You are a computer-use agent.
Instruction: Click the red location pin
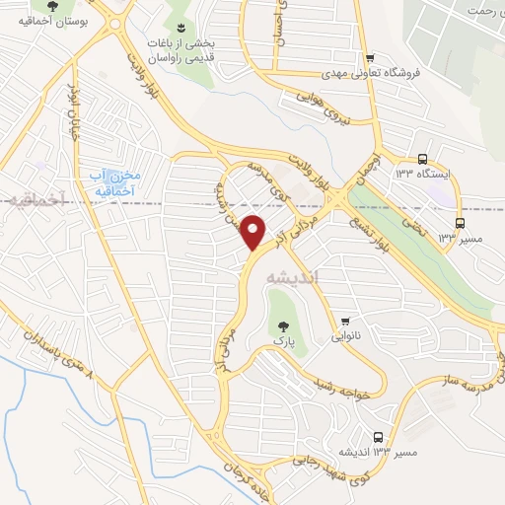point(253,232)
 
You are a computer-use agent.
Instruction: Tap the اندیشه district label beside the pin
point(294,279)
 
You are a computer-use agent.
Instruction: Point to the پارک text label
point(284,341)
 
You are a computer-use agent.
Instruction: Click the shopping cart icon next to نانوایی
point(345,322)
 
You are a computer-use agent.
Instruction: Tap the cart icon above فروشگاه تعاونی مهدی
point(369,57)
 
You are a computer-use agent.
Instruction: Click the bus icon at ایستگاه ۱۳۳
point(422,159)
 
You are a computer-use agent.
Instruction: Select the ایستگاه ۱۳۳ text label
point(435,174)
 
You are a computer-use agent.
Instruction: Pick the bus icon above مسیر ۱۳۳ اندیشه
point(379,438)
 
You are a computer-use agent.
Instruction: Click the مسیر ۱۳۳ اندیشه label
point(380,453)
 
